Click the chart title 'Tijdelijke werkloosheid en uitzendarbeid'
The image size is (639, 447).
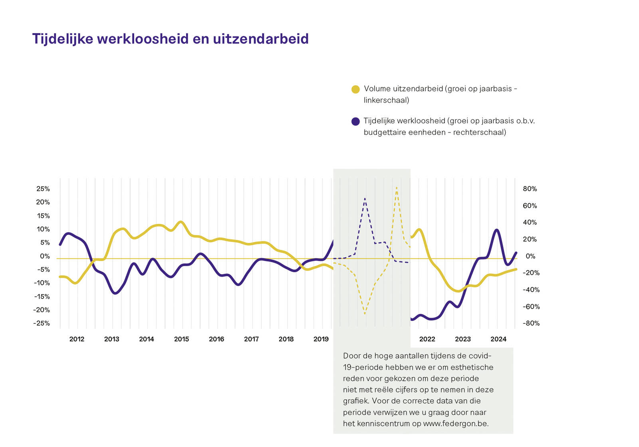click(x=170, y=39)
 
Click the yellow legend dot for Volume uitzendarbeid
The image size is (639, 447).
click(x=355, y=89)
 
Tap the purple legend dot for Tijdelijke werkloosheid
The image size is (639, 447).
click(x=355, y=121)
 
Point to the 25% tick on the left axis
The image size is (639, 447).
click(x=43, y=189)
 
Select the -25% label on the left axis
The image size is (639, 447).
click(x=42, y=323)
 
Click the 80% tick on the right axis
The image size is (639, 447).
click(x=530, y=189)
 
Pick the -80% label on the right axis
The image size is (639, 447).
click(x=531, y=323)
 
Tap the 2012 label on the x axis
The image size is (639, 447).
click(x=77, y=339)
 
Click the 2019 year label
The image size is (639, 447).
click(x=321, y=339)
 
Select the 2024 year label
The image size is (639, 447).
click(x=498, y=339)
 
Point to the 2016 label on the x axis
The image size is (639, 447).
click(x=216, y=339)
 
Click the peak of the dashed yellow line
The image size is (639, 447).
click(x=397, y=187)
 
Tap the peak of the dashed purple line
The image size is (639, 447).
click(x=365, y=198)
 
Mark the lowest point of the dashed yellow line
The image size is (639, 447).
click(x=365, y=314)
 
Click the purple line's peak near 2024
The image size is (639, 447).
click(x=497, y=230)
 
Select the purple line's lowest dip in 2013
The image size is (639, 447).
click(x=115, y=293)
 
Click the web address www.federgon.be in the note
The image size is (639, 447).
click(x=456, y=423)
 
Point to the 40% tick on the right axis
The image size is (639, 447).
click(x=530, y=222)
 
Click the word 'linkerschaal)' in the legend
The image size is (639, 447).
click(x=386, y=100)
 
